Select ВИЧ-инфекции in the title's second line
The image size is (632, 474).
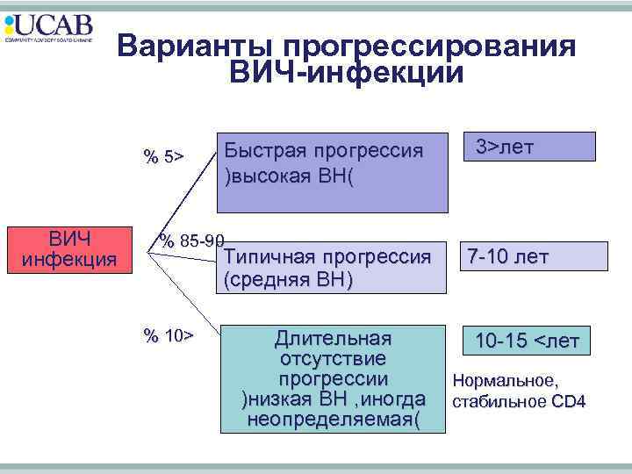346,73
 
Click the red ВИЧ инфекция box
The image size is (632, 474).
69,248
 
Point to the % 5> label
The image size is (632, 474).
164,157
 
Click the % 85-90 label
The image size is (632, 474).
191,240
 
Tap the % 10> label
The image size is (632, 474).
169,335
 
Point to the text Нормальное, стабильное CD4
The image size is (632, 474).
518,391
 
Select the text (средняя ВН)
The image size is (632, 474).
289,280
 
